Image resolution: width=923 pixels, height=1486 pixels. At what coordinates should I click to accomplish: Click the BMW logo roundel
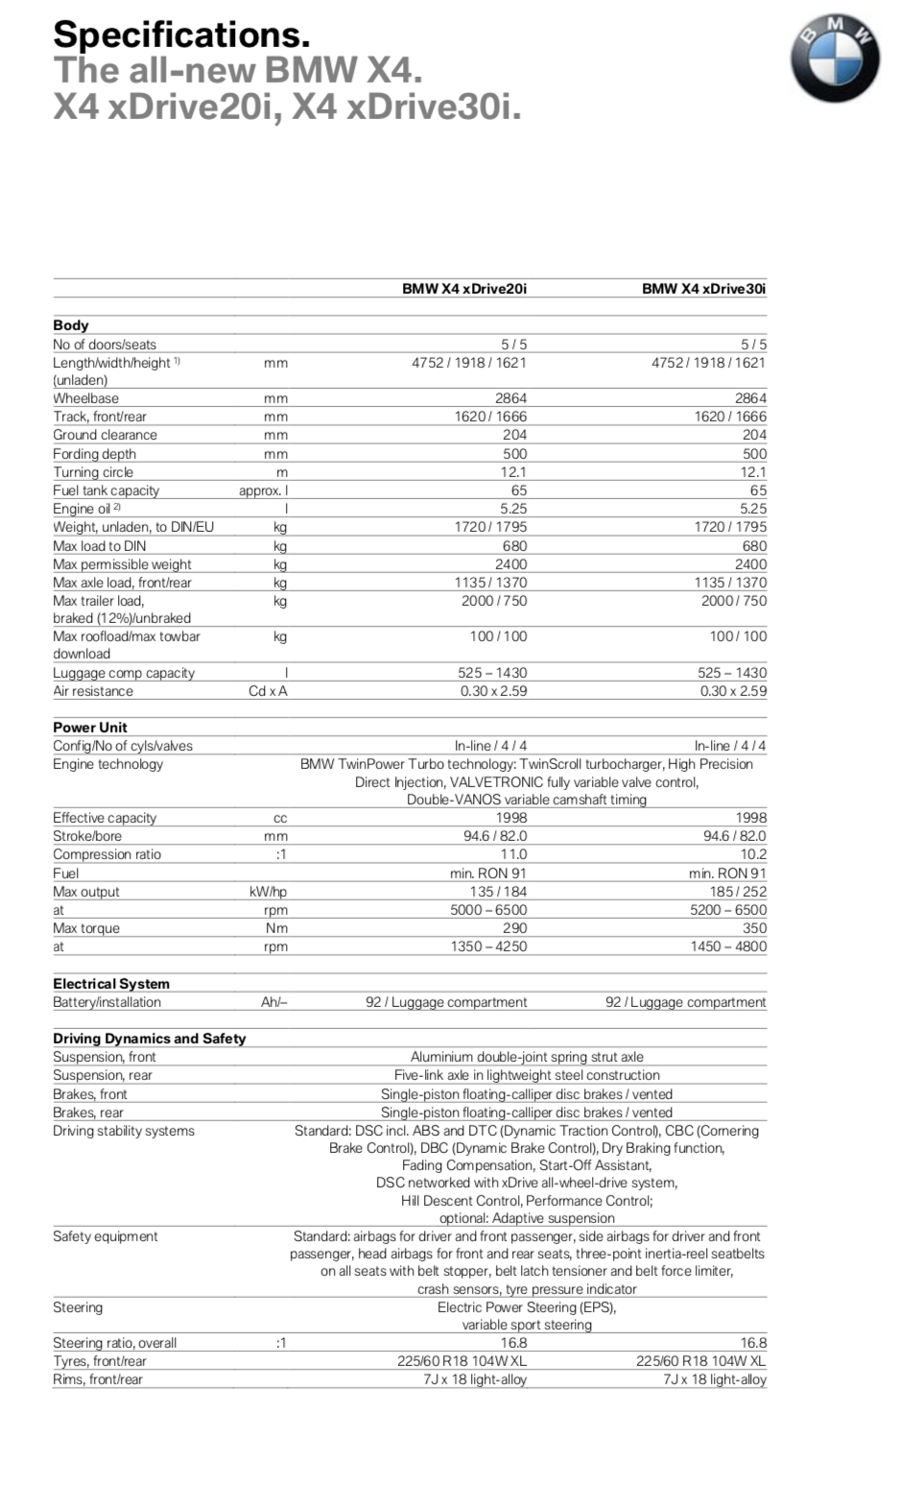835,60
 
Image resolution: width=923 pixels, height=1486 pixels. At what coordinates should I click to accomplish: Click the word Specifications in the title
181,35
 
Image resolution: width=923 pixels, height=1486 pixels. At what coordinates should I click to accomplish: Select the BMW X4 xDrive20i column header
463,288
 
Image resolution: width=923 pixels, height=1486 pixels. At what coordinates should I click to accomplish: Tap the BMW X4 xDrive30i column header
703,288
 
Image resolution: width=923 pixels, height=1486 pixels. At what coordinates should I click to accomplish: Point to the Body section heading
70,325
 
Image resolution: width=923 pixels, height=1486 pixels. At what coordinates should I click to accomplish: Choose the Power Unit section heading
89,728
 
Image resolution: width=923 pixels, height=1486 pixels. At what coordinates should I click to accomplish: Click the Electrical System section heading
110,984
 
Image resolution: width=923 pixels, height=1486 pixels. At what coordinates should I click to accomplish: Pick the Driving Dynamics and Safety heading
149,1039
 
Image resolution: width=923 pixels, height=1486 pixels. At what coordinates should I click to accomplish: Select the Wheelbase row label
85,398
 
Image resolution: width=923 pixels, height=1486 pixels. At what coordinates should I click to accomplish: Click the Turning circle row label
93,472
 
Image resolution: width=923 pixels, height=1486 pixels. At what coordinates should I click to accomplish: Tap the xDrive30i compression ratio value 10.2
753,854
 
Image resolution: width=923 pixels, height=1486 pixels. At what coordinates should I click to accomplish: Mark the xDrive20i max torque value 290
514,928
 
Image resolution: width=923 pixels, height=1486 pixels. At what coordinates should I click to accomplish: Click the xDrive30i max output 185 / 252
737,892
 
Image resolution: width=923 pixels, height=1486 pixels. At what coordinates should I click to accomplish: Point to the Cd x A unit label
268,691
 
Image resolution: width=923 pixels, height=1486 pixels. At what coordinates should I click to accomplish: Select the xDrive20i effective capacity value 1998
510,818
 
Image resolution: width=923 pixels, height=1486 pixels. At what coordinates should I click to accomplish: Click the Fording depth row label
94,454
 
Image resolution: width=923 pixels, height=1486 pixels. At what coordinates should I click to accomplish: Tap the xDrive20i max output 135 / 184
497,892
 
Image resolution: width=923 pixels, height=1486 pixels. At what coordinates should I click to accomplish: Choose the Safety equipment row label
105,1236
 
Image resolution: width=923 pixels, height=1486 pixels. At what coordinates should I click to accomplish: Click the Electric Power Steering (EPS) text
526,1307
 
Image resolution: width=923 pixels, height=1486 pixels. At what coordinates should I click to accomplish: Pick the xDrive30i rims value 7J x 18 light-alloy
714,1379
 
